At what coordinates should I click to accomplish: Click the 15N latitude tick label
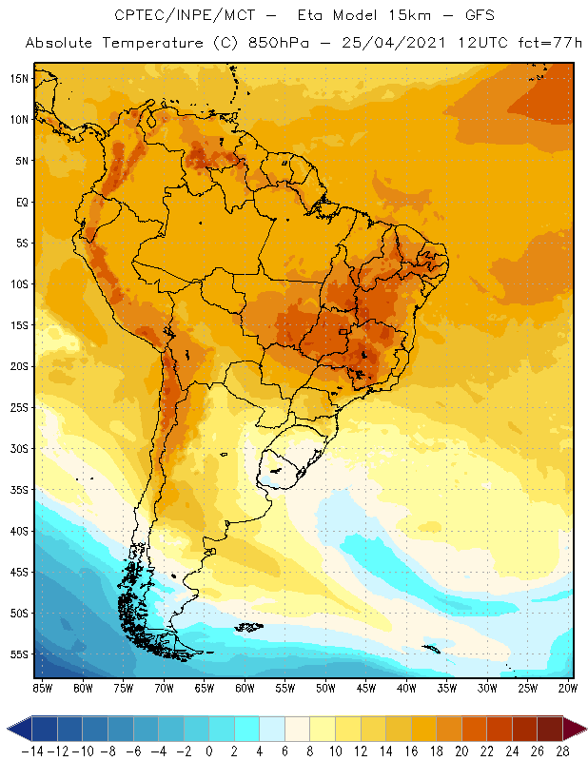(18, 78)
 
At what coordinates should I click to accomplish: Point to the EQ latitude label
(19, 202)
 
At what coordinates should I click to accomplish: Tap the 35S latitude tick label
(18, 490)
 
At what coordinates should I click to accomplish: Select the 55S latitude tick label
(18, 654)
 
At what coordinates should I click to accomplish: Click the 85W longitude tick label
(42, 687)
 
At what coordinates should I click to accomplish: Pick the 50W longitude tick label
(326, 687)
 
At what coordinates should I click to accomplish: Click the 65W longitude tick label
(205, 687)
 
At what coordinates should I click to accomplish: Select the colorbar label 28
(562, 751)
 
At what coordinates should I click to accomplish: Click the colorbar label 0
(208, 751)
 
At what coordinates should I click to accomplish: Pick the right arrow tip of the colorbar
(583, 729)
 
